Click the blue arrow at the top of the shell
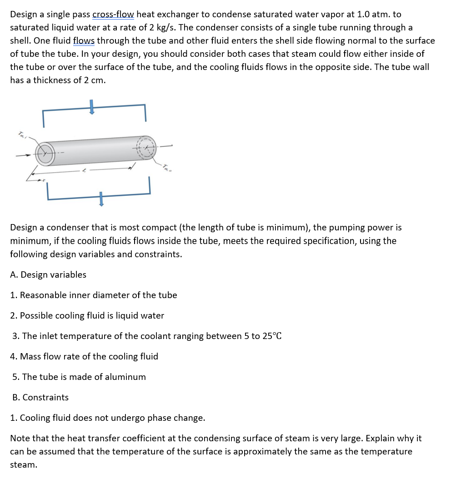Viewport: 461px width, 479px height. point(91,107)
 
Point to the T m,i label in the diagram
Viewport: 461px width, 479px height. point(21,134)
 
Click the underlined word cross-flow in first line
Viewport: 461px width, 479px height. point(113,15)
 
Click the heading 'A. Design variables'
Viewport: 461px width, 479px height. point(48,274)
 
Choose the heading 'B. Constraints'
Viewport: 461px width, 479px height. point(40,397)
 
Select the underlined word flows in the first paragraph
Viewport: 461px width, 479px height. point(84,41)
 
